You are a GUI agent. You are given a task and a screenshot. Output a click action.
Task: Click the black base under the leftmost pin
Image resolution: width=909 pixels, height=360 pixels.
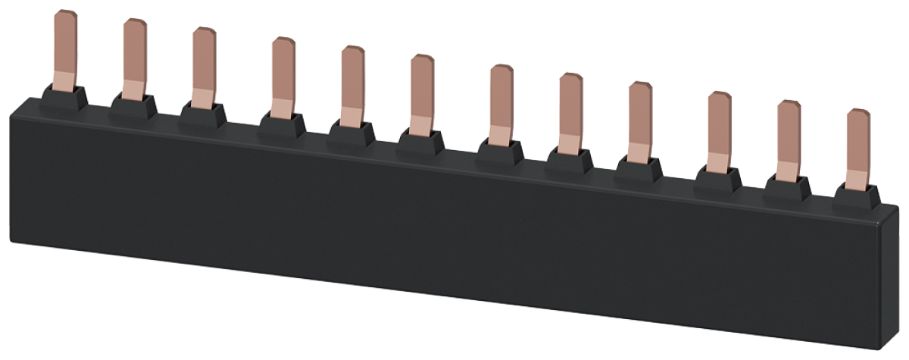64,99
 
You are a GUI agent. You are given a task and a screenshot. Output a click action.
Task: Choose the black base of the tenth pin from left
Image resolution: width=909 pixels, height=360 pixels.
717,179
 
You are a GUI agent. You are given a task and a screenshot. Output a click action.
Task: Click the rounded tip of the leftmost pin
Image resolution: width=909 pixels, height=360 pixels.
67,15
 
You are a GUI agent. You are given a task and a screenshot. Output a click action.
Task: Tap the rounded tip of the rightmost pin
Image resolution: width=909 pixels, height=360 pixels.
859,114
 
